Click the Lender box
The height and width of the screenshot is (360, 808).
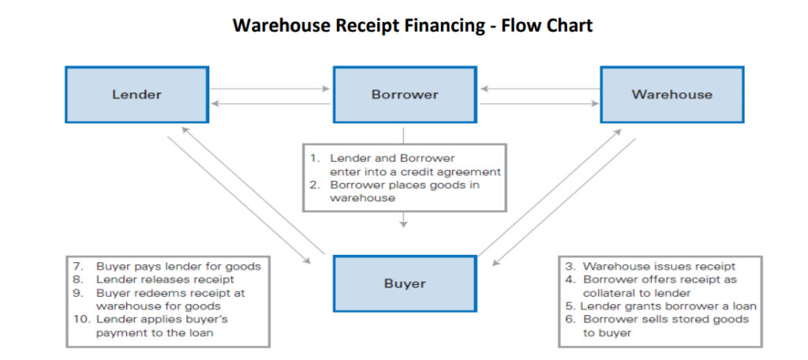coord(136,95)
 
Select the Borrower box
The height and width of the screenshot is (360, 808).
coord(404,95)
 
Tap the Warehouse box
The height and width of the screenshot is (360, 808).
coord(671,95)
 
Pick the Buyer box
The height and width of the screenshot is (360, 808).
coord(404,283)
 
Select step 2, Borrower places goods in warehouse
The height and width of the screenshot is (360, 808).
coord(404,192)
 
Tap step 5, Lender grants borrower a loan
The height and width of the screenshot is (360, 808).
coord(660,306)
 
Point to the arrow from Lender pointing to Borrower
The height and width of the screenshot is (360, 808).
coord(270,88)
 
